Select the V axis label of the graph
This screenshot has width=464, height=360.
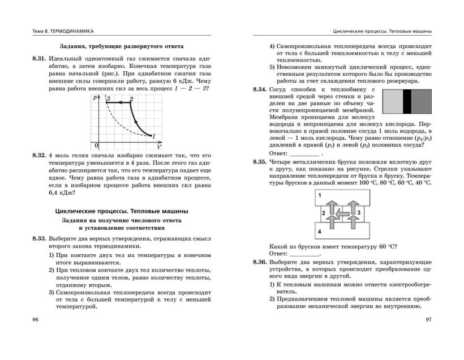tap(159, 146)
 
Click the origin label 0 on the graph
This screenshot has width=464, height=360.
tap(97, 145)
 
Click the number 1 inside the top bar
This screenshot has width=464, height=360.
tap(320, 195)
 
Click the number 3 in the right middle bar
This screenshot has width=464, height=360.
tap(358, 212)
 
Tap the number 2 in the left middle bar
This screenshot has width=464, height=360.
tap(323, 213)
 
